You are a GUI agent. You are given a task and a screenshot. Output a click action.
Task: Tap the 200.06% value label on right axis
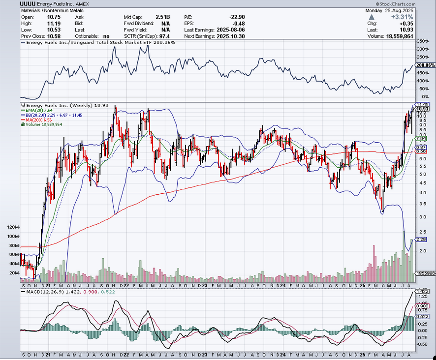[425, 65]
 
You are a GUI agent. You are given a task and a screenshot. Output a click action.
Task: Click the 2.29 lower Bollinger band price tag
[421, 240]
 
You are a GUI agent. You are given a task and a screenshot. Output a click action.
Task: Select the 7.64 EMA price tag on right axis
[421, 139]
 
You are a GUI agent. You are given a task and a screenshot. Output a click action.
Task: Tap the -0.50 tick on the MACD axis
[422, 344]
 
